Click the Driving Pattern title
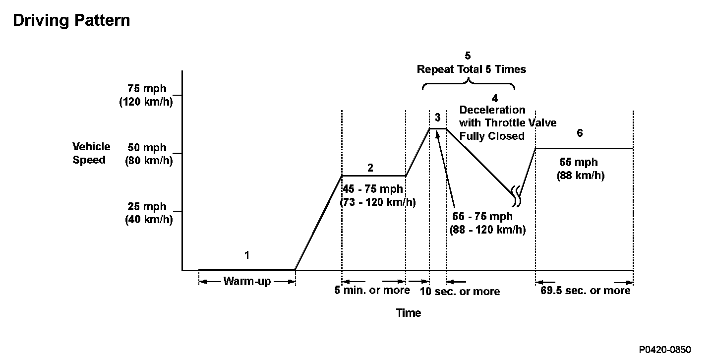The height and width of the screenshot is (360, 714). coord(71,21)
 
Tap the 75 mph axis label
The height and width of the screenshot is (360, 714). coord(147,89)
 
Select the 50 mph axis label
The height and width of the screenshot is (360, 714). coord(147,148)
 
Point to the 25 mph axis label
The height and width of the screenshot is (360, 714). coord(147,207)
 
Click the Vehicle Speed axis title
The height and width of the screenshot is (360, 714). coord(91,153)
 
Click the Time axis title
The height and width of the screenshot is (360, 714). coord(409,313)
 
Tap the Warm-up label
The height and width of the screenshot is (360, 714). coord(247,282)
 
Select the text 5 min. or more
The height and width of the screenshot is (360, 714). coord(372,290)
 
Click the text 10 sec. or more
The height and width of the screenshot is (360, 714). coord(460,291)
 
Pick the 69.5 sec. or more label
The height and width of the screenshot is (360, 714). coord(585,290)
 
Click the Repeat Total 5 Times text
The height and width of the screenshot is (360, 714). coord(471,69)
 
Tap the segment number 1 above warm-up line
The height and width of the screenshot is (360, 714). coord(246,255)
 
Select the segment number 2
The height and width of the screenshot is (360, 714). coord(370,168)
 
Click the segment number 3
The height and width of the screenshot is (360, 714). coord(437,118)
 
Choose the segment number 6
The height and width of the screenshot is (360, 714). coord(580,133)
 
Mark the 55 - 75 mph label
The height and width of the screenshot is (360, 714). coord(482,217)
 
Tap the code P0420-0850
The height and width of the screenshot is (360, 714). coord(665,350)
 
